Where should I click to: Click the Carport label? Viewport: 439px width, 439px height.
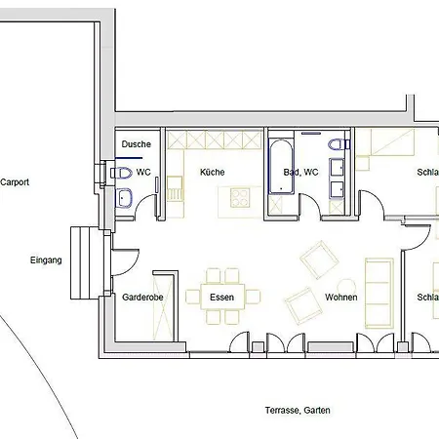click(x=15, y=181)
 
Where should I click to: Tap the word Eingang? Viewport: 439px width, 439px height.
click(x=46, y=260)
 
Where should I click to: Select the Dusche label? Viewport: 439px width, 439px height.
click(x=136, y=144)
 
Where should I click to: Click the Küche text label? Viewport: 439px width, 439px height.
click(x=212, y=173)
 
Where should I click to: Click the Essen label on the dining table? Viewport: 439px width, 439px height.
click(x=222, y=297)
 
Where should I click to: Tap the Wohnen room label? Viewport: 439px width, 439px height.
click(x=341, y=298)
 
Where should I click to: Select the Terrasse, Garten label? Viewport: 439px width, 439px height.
click(x=298, y=411)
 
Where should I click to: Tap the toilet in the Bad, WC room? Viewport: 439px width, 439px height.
click(x=338, y=146)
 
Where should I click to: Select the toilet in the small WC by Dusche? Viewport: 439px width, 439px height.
click(x=122, y=173)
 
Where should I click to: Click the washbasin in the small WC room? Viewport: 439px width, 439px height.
click(x=126, y=199)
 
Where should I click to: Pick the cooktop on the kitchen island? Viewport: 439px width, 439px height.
click(x=240, y=198)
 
